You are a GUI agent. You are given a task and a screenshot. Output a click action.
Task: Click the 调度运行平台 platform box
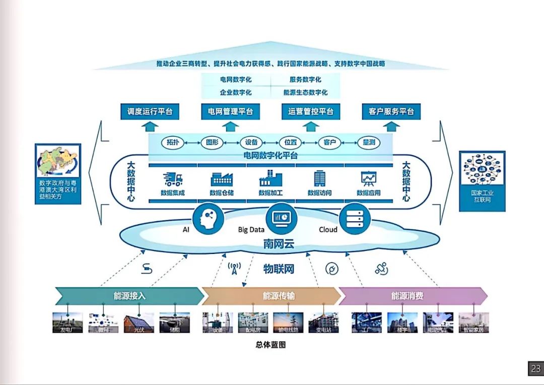[150, 111]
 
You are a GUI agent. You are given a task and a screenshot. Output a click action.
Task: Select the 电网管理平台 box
[230, 111]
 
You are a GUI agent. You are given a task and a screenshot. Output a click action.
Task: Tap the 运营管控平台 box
[311, 111]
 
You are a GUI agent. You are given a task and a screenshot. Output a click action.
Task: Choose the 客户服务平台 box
[391, 111]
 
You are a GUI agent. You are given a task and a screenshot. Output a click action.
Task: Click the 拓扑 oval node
[173, 143]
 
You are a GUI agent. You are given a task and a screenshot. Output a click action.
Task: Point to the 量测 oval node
[369, 143]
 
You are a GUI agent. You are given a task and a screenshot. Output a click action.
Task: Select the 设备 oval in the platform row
[251, 143]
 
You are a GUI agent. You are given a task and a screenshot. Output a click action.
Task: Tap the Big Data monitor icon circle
[281, 217]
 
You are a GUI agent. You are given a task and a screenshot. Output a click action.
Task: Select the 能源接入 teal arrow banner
[129, 296]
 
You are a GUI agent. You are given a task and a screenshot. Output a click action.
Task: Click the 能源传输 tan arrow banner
[271, 296]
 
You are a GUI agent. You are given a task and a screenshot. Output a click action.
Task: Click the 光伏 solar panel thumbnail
[139, 323]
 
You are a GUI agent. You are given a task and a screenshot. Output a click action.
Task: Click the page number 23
[535, 369]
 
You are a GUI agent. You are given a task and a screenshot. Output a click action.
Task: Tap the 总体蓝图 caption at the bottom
[271, 345]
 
